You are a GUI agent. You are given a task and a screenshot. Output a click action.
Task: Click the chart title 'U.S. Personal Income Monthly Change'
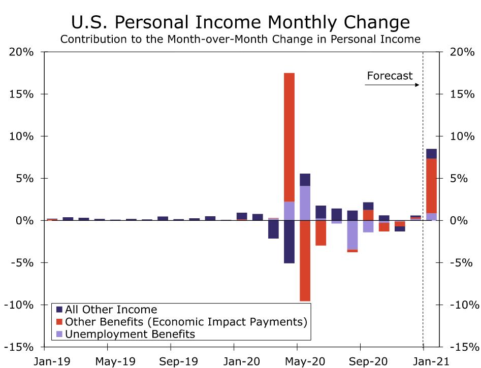point(240,22)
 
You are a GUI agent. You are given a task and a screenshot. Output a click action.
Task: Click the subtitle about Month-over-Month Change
point(240,39)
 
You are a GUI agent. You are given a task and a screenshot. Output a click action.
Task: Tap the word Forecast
point(390,76)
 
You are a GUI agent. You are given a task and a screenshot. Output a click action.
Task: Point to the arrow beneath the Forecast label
point(392,85)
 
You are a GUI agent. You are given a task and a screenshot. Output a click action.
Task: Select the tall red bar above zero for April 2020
point(289,137)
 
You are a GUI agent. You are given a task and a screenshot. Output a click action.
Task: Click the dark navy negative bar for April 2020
point(289,242)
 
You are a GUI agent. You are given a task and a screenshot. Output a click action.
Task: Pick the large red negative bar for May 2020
point(305,260)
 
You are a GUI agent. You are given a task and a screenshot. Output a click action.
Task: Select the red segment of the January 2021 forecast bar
point(431,186)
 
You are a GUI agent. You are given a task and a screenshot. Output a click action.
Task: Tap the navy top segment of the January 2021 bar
point(431,154)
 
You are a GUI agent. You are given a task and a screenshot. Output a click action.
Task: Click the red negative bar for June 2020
point(320,233)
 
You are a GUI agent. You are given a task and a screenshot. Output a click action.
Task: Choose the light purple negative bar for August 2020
point(352,235)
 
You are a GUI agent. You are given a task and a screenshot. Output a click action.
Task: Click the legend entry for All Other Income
point(111,310)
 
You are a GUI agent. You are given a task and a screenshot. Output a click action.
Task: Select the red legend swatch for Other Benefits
point(59,322)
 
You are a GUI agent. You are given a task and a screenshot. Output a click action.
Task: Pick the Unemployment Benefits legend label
point(130,334)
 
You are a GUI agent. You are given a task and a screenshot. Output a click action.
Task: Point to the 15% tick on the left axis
point(23,94)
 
